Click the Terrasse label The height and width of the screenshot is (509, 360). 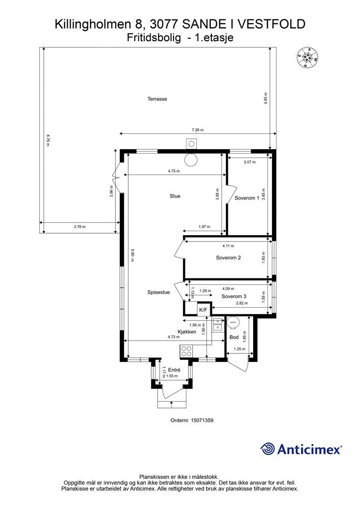coord(157,99)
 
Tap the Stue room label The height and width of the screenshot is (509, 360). coord(175,196)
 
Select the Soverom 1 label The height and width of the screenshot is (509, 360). coord(247,198)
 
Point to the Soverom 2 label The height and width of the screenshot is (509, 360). coord(228,258)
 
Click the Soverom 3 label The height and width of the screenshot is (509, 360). coord(234,296)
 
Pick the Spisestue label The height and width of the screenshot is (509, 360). coord(159,292)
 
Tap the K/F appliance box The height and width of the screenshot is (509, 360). coord(203,310)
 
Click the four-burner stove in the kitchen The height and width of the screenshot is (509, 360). coord(186,351)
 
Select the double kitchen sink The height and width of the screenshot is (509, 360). coord(217,324)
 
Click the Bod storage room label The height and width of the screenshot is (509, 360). coord(234,338)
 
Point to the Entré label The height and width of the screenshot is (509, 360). coord(174,370)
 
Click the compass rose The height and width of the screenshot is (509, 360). coord(307,58)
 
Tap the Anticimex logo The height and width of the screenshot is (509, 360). coord(301,449)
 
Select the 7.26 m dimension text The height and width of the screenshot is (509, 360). coord(197,130)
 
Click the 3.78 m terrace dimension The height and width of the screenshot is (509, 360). coord(80,227)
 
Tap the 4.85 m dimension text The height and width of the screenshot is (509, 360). coord(266,98)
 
